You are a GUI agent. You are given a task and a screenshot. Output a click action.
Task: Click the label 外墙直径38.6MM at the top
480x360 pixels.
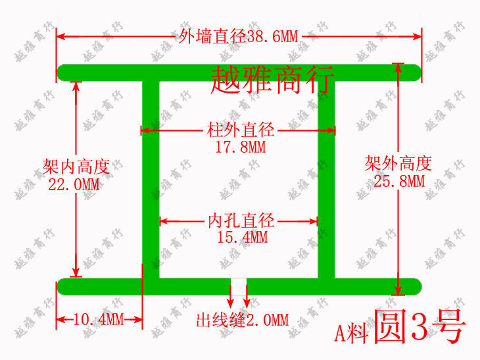click(x=239, y=36)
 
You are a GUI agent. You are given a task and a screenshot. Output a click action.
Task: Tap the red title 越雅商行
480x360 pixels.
click(x=273, y=80)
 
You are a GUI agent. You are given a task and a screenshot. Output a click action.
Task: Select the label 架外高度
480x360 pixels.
click(x=398, y=163)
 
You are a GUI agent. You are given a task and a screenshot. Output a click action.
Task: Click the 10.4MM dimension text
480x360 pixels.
click(x=98, y=321)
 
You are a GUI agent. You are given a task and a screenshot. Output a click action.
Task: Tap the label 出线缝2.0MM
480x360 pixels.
click(x=242, y=321)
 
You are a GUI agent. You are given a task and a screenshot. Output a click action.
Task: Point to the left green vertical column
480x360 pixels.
click(x=151, y=178)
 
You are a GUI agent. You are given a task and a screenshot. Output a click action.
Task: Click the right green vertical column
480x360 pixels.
click(x=327, y=178)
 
